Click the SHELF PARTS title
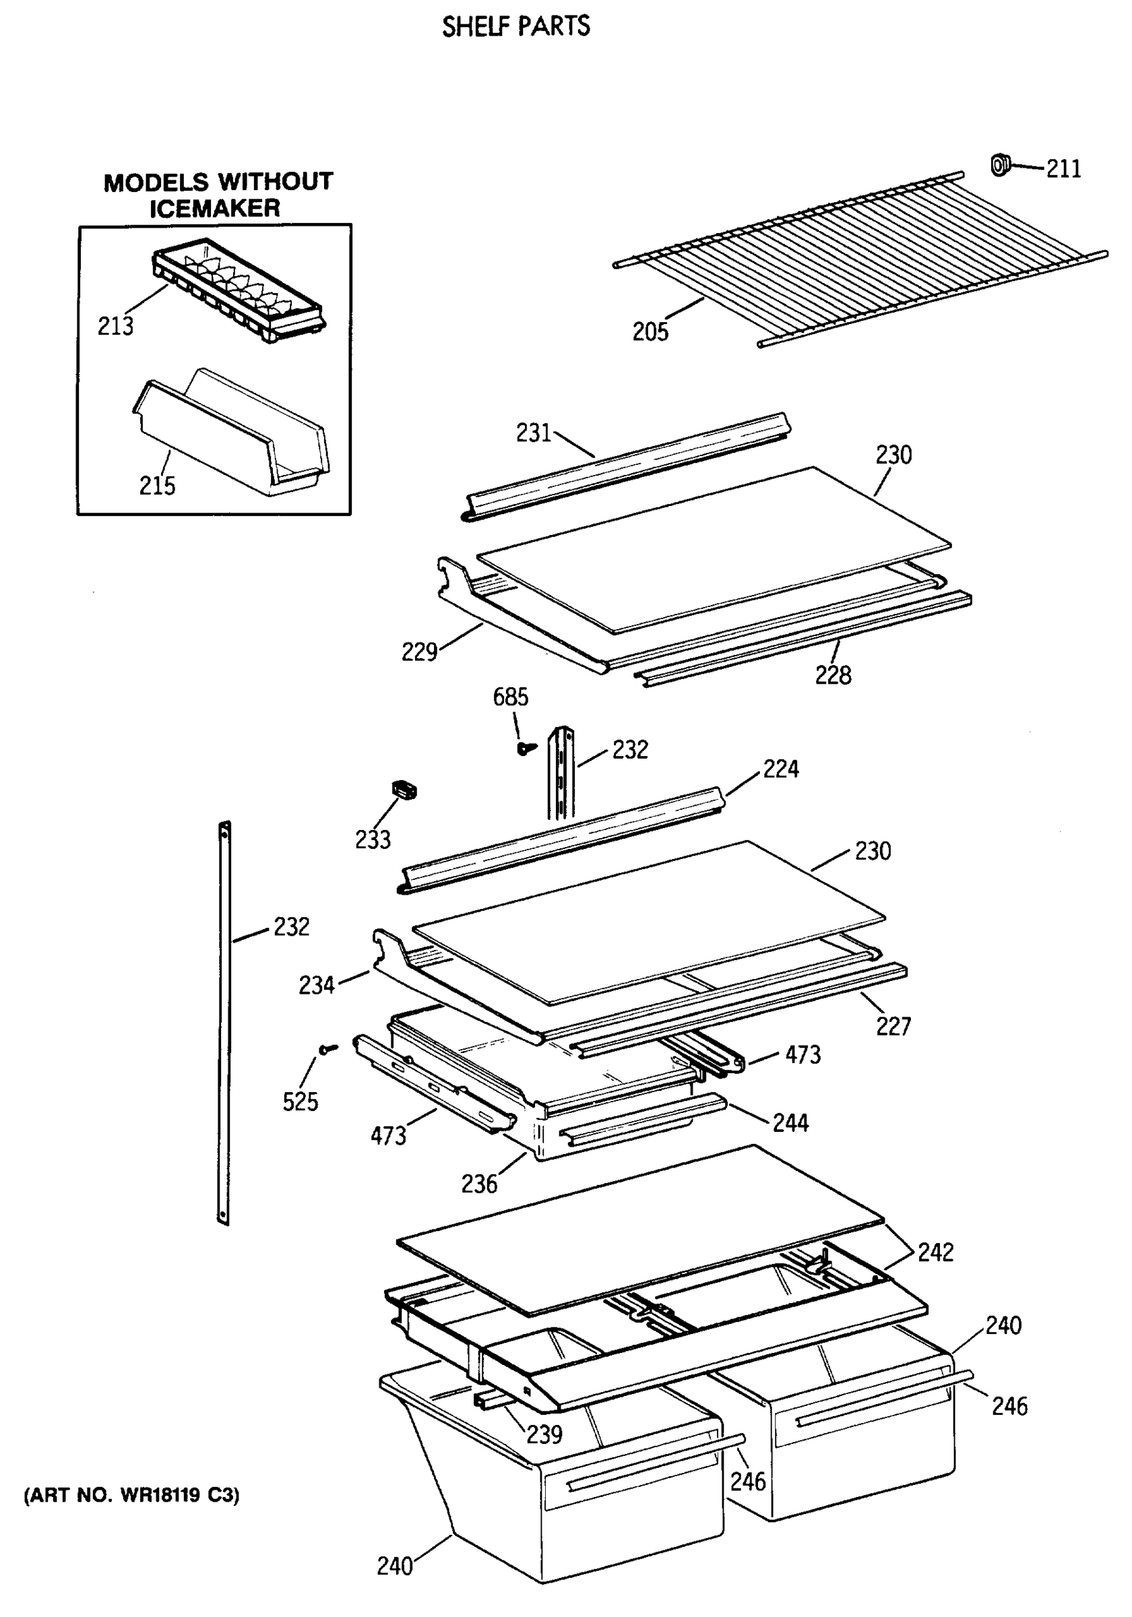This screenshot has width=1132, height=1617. click(x=515, y=27)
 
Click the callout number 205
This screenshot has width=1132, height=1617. click(x=650, y=331)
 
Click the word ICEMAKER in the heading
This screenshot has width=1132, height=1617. click(x=215, y=208)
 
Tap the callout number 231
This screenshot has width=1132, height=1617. click(x=533, y=433)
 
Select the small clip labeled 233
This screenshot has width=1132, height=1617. click(x=404, y=790)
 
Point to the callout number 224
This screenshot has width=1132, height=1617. click(x=780, y=768)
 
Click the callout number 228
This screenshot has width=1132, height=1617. click(x=833, y=675)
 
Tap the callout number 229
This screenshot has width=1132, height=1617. click(x=419, y=652)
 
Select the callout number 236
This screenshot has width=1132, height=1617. click(x=479, y=1184)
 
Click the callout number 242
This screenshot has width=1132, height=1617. click(x=935, y=1253)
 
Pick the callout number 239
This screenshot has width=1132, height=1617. click(x=544, y=1434)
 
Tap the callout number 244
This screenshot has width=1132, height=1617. click(x=790, y=1122)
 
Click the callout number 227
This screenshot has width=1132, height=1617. click(x=893, y=1026)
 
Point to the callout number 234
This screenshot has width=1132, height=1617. click(x=315, y=984)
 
